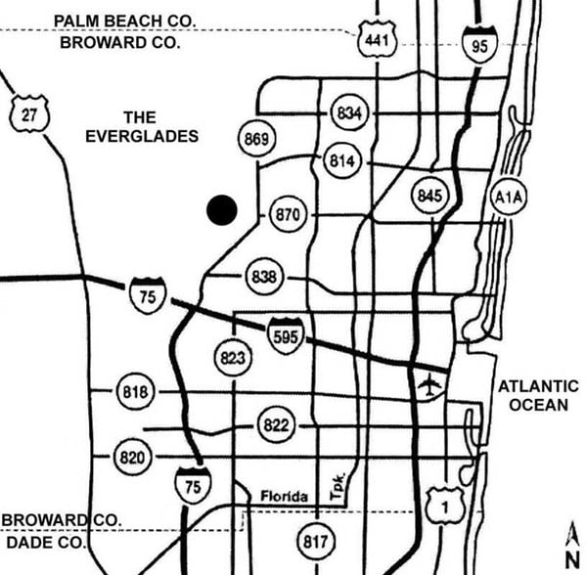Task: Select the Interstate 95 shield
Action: pyautogui.click(x=479, y=44)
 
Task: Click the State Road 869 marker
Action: pyautogui.click(x=255, y=140)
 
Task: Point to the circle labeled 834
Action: pyautogui.click(x=349, y=113)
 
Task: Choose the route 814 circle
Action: pyautogui.click(x=341, y=161)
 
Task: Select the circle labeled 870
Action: pyautogui.click(x=286, y=214)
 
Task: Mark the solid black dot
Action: pyautogui.click(x=222, y=209)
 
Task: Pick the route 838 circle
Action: pyautogui.click(x=263, y=277)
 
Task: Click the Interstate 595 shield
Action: pyautogui.click(x=286, y=335)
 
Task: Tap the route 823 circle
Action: pyautogui.click(x=232, y=358)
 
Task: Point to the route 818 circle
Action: pyautogui.click(x=135, y=393)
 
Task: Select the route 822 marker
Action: pyautogui.click(x=277, y=425)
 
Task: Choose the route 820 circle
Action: pyautogui.click(x=132, y=457)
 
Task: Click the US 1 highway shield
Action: pyautogui.click(x=443, y=505)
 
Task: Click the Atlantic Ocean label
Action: pyautogui.click(x=538, y=395)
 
